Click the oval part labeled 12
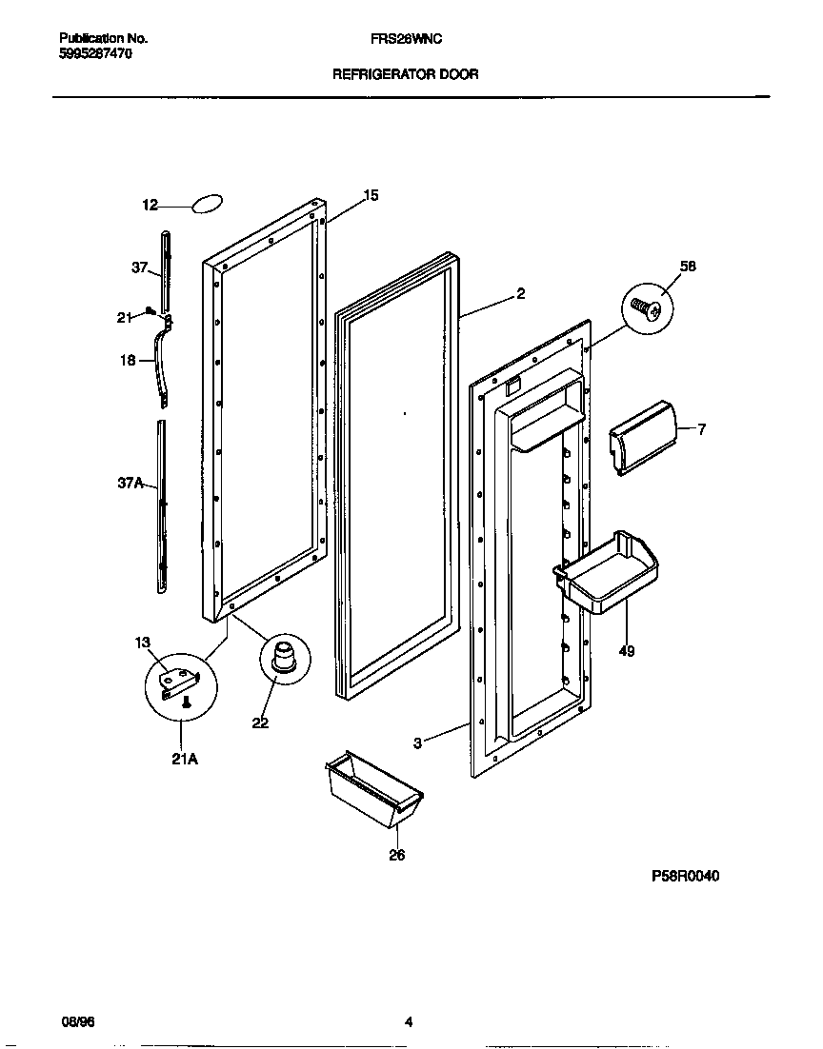pos(208,205)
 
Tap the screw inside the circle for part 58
pos(647,309)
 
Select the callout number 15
pos(371,195)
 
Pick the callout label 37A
pos(130,484)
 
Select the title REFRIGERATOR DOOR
pos(405,73)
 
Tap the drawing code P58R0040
pos(685,876)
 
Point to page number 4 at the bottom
pos(408,1023)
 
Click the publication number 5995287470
pos(95,54)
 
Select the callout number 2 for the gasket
pos(521,294)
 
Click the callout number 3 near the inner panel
pos(417,743)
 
